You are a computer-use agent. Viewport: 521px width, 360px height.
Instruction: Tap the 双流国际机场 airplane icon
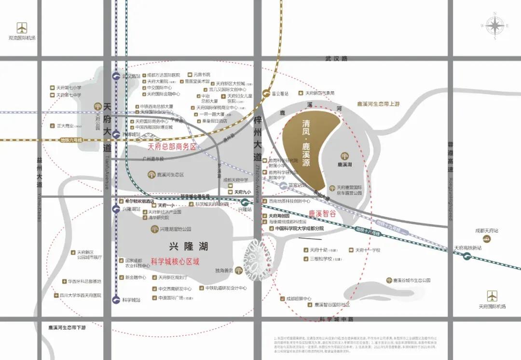coord(22,28)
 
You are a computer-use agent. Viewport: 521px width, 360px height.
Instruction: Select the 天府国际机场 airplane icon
coord(492,295)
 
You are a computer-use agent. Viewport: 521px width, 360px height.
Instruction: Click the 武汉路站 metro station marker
coord(116,76)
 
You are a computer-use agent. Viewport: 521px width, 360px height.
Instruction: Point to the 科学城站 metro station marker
coord(116,300)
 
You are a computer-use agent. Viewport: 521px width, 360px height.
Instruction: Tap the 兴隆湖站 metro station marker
coord(116,209)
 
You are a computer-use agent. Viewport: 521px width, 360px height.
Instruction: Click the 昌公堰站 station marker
coord(266,94)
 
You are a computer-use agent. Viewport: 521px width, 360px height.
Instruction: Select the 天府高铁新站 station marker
coord(467,256)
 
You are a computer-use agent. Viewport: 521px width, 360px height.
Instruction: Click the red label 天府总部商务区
coord(172,146)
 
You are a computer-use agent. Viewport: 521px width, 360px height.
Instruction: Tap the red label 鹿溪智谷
coord(322,212)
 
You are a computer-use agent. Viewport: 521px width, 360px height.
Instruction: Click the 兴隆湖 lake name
coord(189,246)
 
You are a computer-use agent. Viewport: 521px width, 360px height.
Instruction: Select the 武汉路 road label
coord(336,58)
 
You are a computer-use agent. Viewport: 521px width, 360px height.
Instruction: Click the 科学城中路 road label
coord(337,319)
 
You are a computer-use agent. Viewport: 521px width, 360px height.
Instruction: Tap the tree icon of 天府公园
coord(98,106)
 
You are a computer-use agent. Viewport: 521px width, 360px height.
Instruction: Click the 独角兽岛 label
coord(224,270)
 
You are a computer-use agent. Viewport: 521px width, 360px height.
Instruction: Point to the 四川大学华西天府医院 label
coord(84,295)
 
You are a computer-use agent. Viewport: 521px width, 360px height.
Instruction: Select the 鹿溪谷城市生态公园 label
coord(411,280)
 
